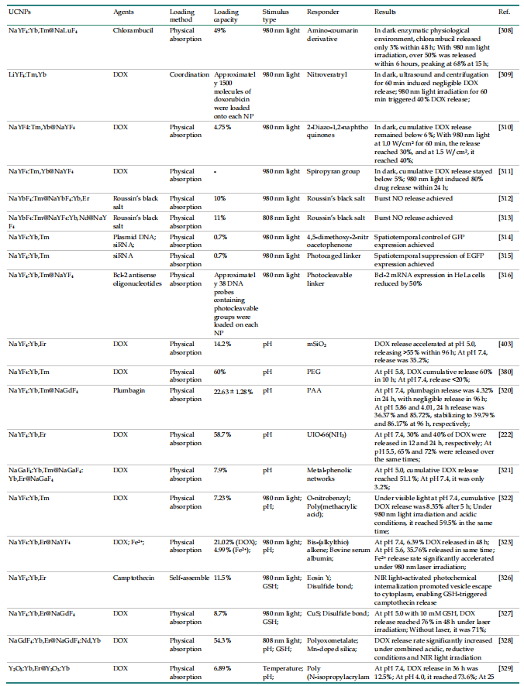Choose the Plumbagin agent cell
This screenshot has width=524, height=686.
tap(130, 391)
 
